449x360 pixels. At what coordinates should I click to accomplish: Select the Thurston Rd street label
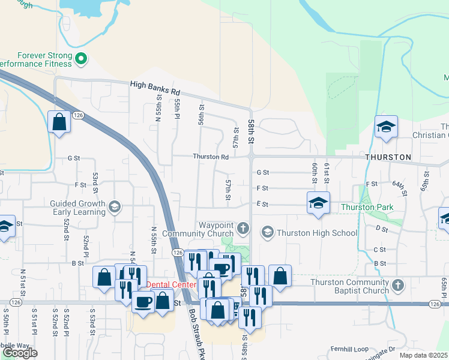[x=210, y=157]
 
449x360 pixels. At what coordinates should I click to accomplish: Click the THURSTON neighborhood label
[x=388, y=157]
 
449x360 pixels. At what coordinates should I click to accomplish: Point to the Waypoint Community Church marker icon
[x=243, y=228]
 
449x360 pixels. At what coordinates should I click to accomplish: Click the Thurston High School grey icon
[x=267, y=232]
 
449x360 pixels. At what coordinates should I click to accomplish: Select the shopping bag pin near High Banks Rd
[x=59, y=122]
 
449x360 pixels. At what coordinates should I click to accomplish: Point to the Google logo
[x=20, y=353]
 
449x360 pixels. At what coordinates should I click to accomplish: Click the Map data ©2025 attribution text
[x=424, y=355]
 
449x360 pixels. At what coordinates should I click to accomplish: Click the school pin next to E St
[x=319, y=203]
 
